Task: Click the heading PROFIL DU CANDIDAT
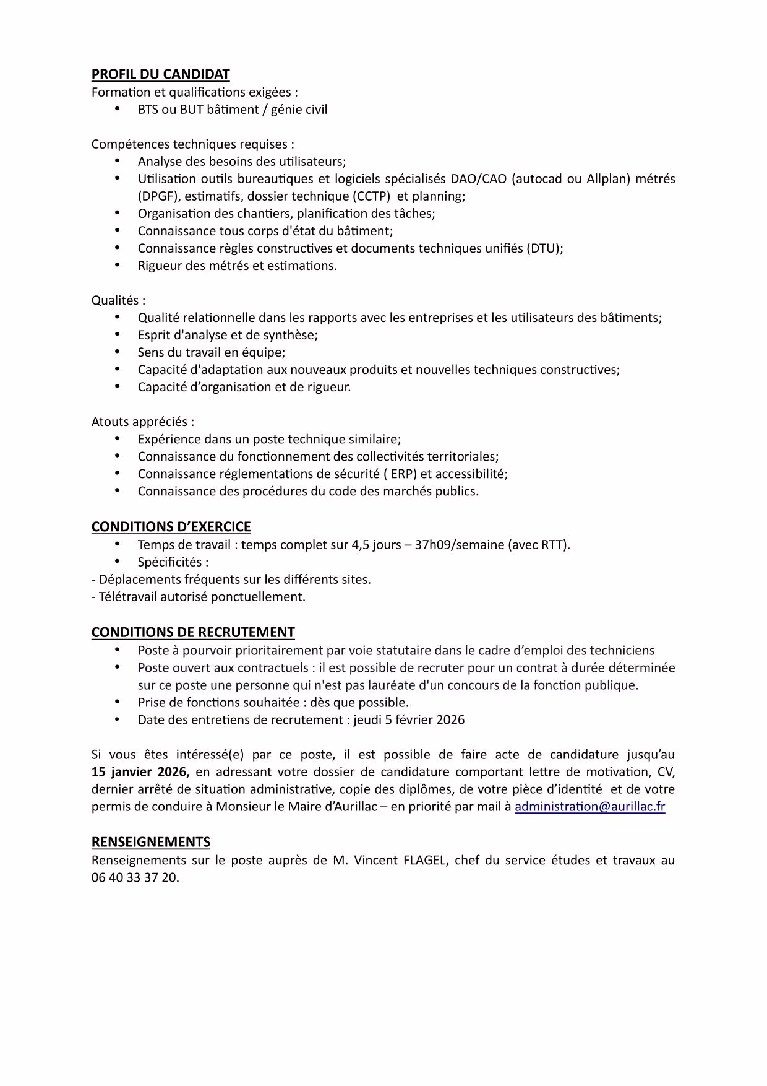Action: click(x=160, y=74)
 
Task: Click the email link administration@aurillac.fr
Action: click(x=589, y=807)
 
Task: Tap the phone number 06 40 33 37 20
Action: click(x=135, y=878)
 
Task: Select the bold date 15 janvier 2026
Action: click(x=140, y=772)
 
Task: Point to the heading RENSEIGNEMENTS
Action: click(x=150, y=842)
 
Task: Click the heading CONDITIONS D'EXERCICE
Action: click(x=171, y=527)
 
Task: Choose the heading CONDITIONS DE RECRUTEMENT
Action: click(x=193, y=632)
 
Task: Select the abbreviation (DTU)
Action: click(x=544, y=248)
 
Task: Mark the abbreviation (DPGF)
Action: click(x=159, y=196)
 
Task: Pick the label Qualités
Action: click(x=117, y=300)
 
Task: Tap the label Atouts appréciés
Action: click(x=142, y=422)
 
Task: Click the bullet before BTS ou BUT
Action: click(x=118, y=109)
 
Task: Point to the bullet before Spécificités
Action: click(x=118, y=562)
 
